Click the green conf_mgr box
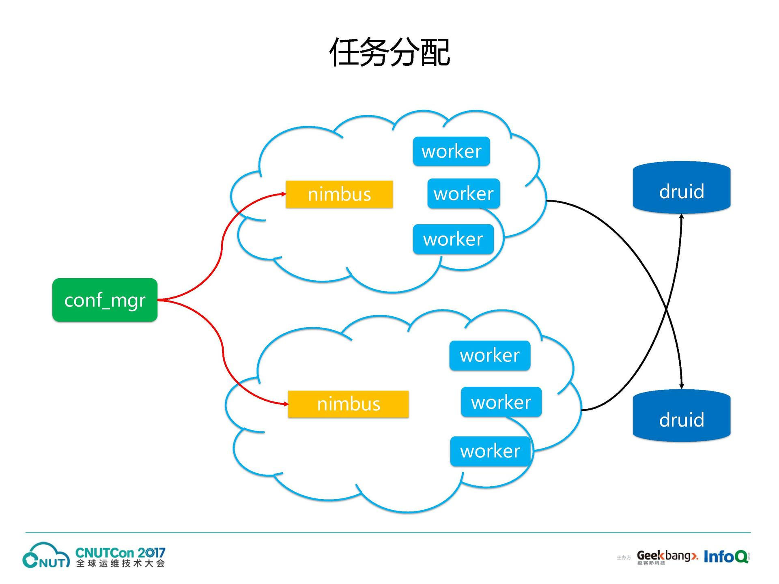pyautogui.click(x=105, y=300)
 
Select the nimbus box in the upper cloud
pyautogui.click(x=339, y=194)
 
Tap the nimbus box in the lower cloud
pyautogui.click(x=348, y=404)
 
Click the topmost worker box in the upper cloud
pyautogui.click(x=451, y=151)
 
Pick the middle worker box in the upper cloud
pyautogui.click(x=463, y=193)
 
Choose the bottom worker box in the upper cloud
pyautogui.click(x=453, y=239)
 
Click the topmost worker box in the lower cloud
pyautogui.click(x=490, y=355)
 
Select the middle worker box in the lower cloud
pyautogui.click(x=501, y=402)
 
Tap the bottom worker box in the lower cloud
pyautogui.click(x=490, y=451)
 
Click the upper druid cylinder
pyautogui.click(x=682, y=187)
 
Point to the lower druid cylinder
pyautogui.click(x=682, y=415)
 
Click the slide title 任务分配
pyautogui.click(x=389, y=52)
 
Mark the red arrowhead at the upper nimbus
pyautogui.click(x=284, y=194)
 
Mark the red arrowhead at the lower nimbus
pyautogui.click(x=286, y=404)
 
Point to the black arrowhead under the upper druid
pyautogui.click(x=682, y=216)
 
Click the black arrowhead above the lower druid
pyautogui.click(x=682, y=386)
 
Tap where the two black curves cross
pyautogui.click(x=666, y=310)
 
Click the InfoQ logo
pyautogui.click(x=726, y=556)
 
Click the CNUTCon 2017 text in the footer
pyautogui.click(x=121, y=553)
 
